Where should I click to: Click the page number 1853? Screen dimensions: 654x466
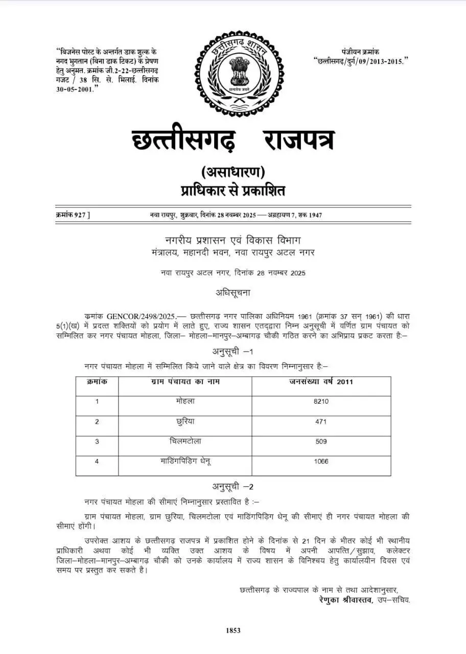tap(233, 630)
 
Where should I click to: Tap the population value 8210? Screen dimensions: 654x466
tap(321, 402)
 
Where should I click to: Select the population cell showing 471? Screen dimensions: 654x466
tap(321, 422)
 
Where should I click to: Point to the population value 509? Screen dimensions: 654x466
tap(321, 441)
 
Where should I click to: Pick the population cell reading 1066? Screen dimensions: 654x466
tap(321, 461)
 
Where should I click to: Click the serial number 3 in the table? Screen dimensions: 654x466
tap(97, 441)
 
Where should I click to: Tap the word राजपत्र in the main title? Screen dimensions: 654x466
tap(299, 139)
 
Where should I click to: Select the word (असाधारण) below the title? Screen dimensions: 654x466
tap(233, 171)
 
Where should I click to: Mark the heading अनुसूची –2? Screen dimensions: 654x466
tap(233, 486)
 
